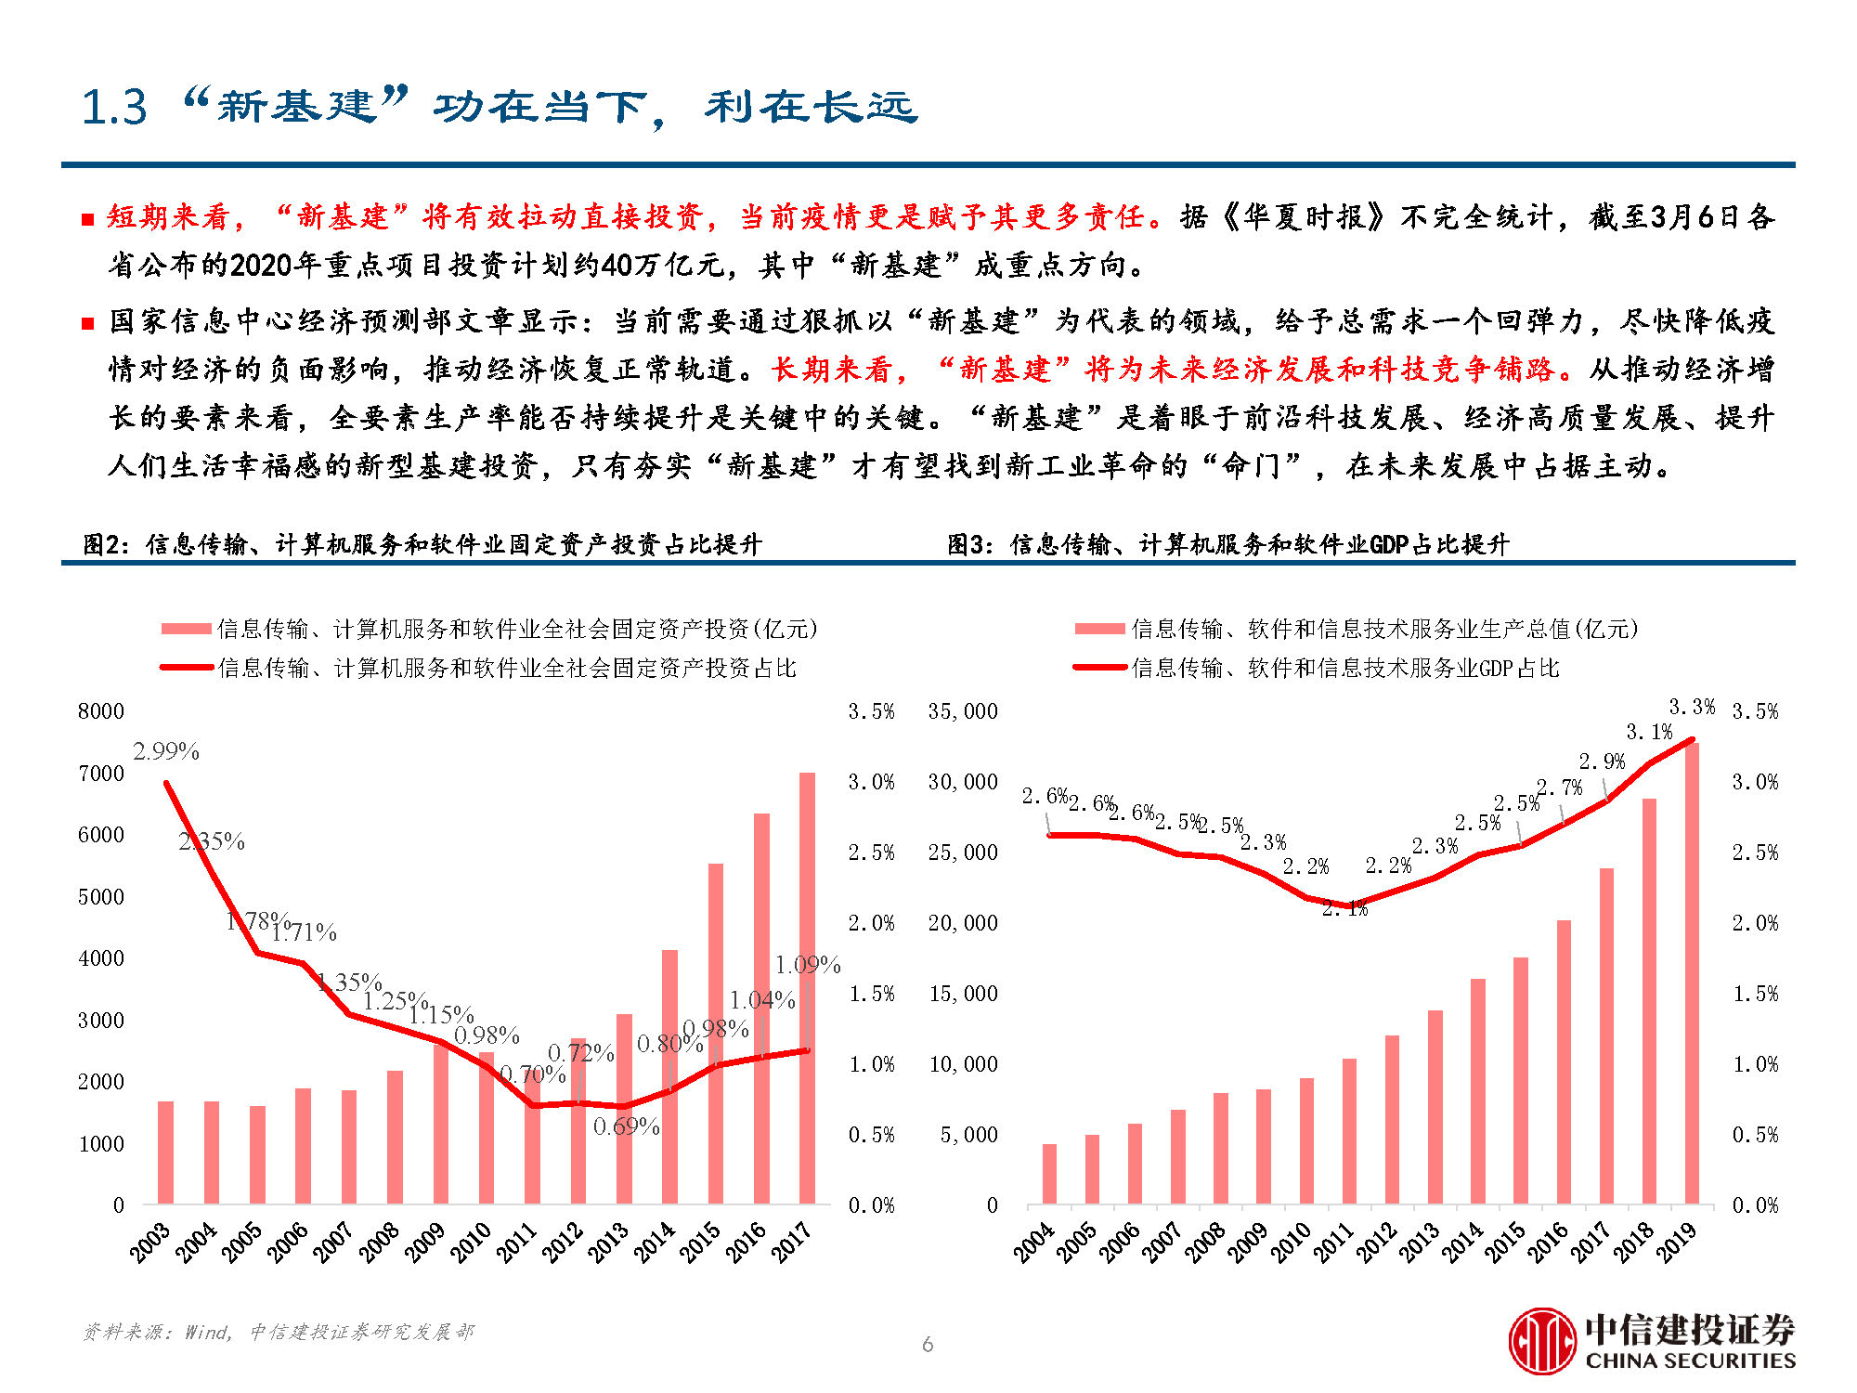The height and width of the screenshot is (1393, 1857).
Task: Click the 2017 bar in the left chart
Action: [x=807, y=989]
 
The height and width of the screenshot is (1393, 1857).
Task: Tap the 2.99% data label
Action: [x=166, y=751]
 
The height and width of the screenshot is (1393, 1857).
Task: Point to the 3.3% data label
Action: [x=1692, y=707]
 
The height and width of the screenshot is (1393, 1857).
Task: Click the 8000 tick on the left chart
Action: [x=101, y=711]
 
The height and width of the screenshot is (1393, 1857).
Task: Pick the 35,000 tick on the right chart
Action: [x=963, y=711]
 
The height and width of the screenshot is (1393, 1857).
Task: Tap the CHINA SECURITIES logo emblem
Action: [x=1542, y=1341]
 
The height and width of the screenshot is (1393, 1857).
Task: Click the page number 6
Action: [x=928, y=1344]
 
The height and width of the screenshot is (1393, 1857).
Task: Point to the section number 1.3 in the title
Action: [x=114, y=108]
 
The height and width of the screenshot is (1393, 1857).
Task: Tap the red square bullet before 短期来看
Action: [x=88, y=220]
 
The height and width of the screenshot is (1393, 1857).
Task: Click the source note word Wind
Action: [x=206, y=1333]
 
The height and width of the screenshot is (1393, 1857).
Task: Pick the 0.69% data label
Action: [x=627, y=1127]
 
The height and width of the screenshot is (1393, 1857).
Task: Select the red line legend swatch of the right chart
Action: [x=1100, y=668]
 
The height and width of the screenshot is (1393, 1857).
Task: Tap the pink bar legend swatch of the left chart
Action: [x=186, y=629]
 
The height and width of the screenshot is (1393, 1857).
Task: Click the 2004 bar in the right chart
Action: [x=1049, y=1174]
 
